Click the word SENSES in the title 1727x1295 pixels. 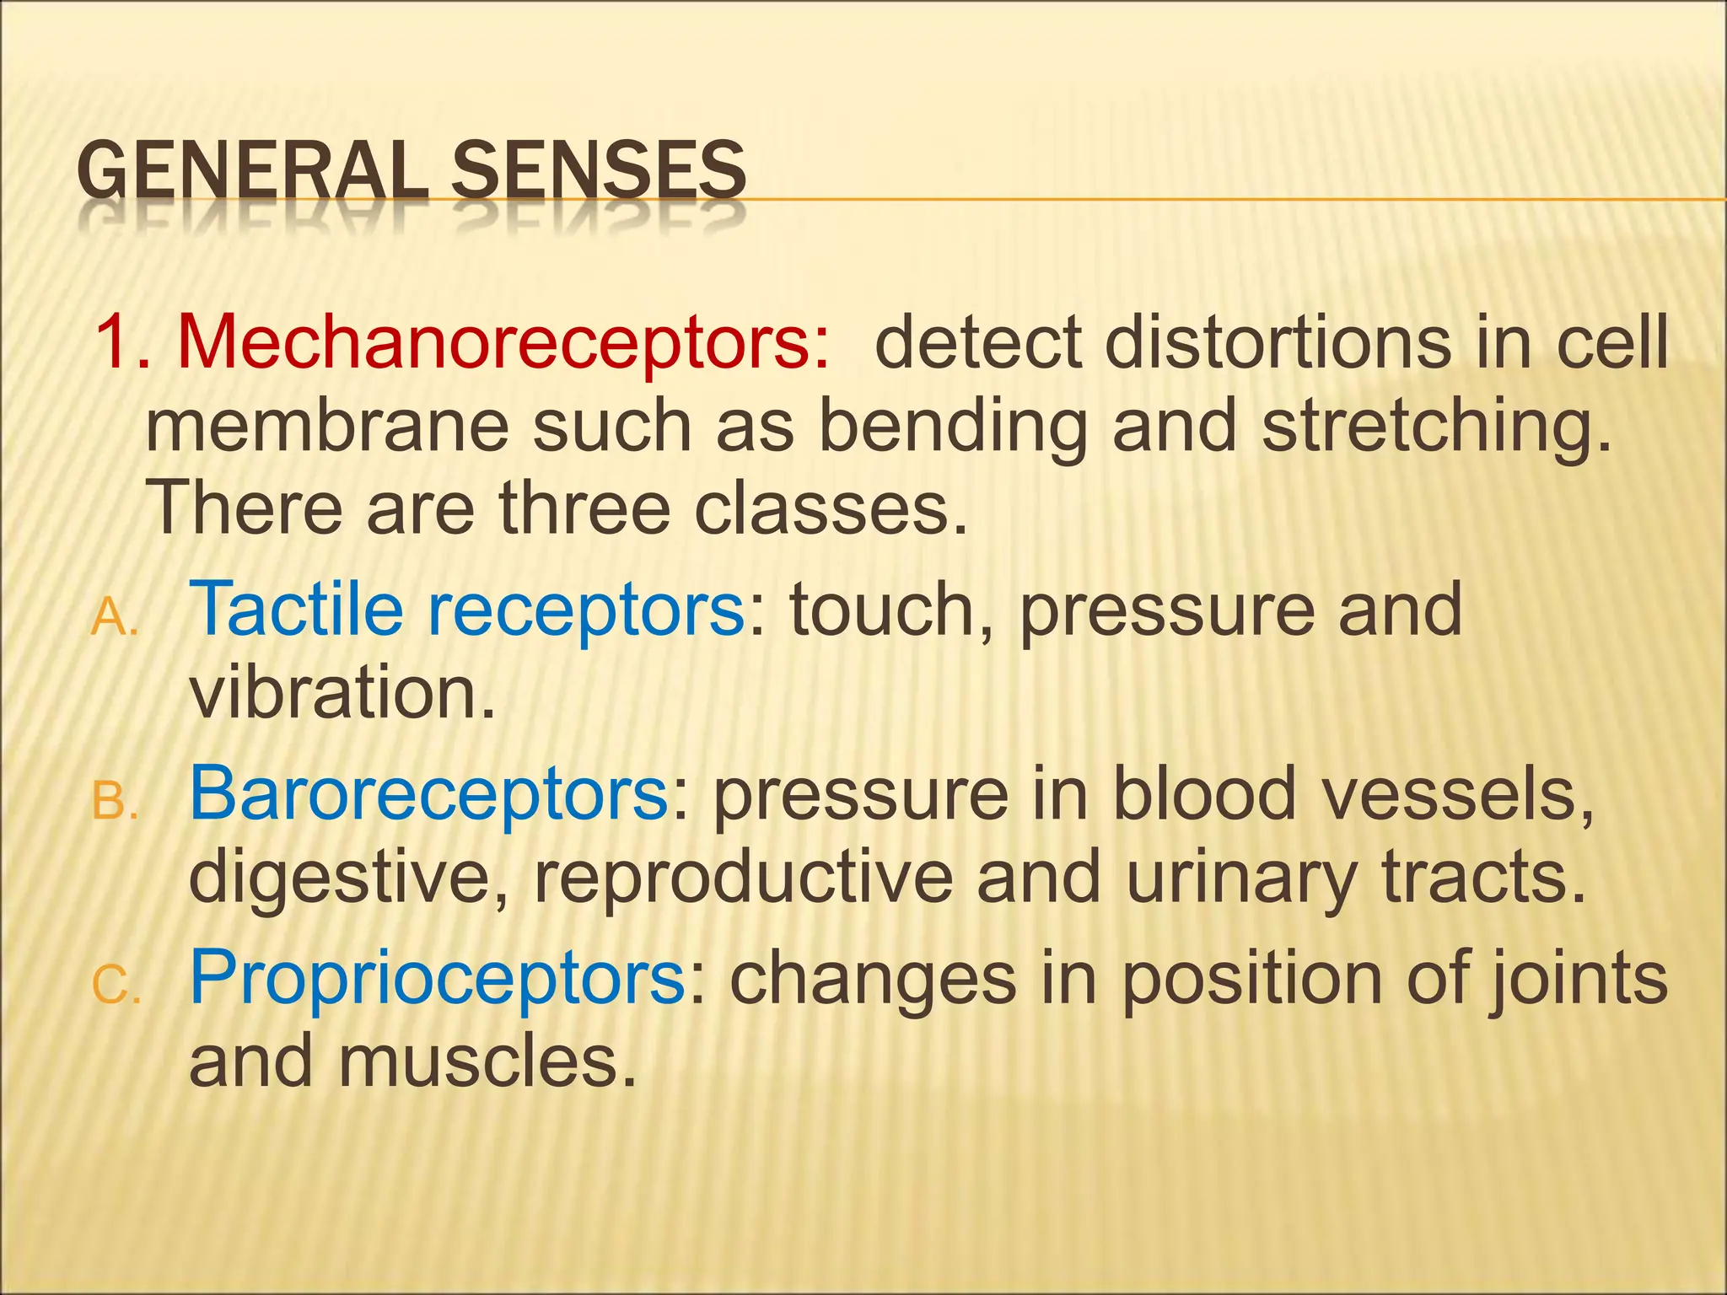pos(598,171)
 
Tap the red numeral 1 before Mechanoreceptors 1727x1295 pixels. pos(113,342)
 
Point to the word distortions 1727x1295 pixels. pos(1278,344)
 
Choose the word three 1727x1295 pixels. pos(582,508)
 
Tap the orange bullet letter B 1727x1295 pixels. pos(111,802)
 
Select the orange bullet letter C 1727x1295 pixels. pos(113,985)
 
